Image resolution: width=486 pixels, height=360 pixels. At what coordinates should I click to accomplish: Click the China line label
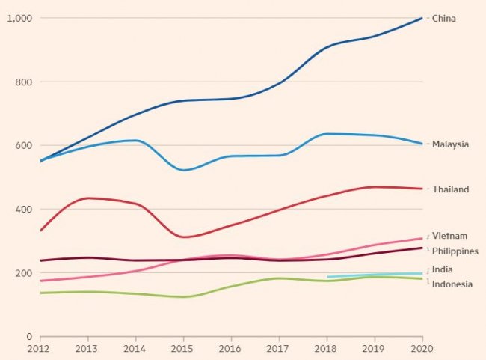pos(443,18)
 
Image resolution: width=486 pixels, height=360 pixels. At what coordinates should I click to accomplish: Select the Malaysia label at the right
pos(450,144)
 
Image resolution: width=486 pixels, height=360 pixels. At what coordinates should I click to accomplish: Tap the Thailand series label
pos(450,189)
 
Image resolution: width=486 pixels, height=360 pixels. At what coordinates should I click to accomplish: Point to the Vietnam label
pos(449,236)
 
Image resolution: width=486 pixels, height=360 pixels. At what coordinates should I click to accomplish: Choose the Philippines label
pos(455,251)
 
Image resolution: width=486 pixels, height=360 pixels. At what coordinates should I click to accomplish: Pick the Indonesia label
pos(452,284)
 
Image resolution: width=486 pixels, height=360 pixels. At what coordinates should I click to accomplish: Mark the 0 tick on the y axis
pos(29,337)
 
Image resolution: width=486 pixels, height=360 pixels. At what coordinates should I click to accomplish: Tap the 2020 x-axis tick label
pos(421,349)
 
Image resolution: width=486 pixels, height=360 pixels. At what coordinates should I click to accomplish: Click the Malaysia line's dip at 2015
pos(183,170)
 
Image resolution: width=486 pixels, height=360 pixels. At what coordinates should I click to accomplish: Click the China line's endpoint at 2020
pos(422,18)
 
